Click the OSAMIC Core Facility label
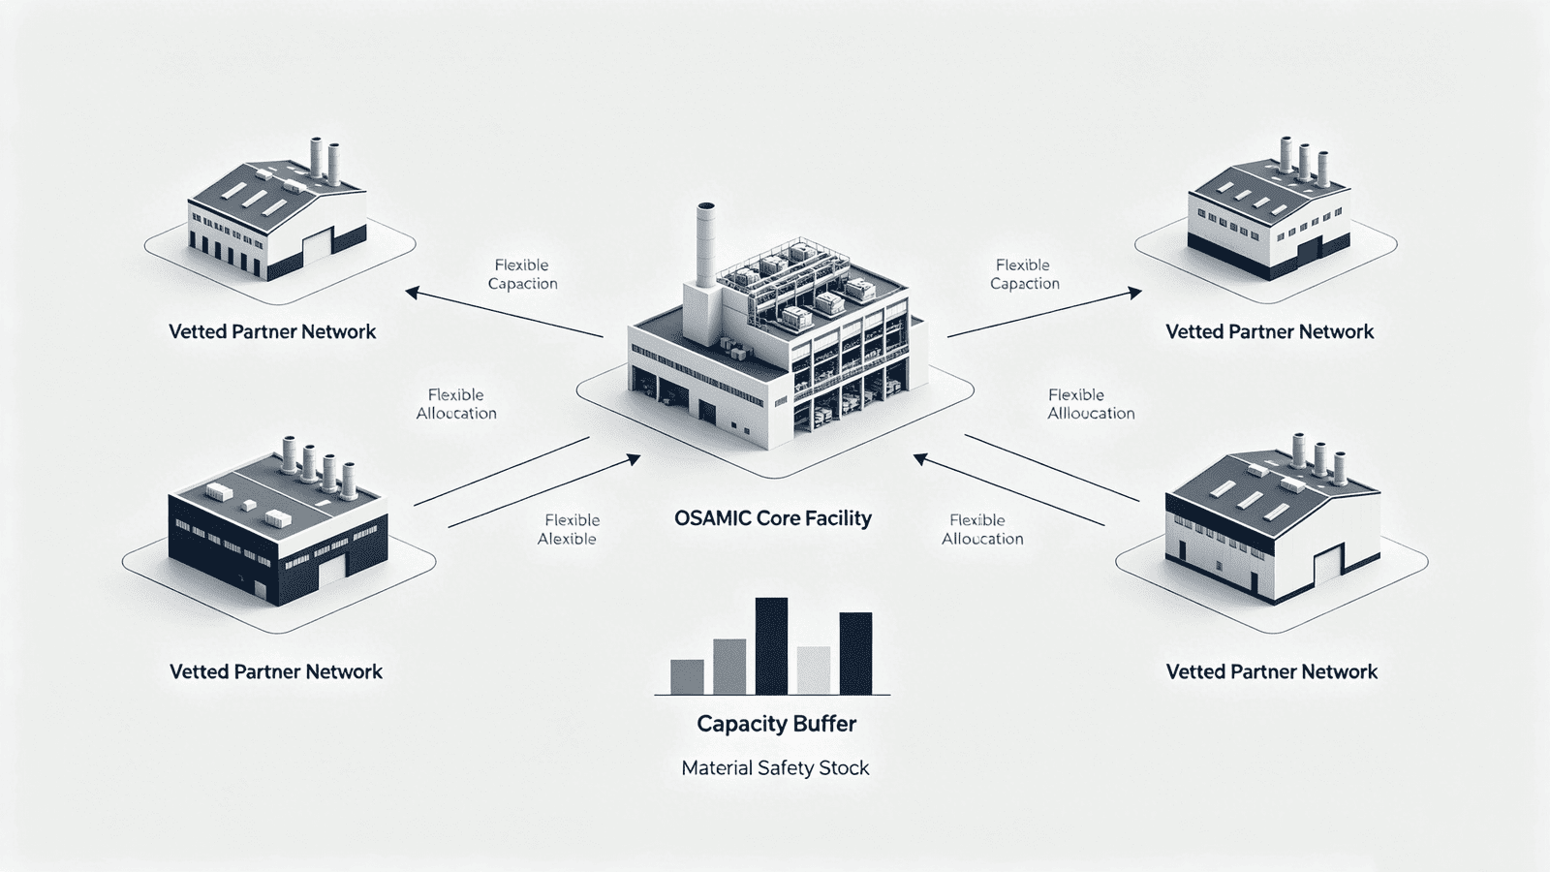tap(772, 518)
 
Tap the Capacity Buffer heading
tap(776, 724)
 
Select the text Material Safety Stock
tap(775, 768)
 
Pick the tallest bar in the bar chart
tap(771, 645)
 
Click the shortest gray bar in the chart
tap(687, 676)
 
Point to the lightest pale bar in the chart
tap(814, 670)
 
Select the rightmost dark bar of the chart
tap(855, 653)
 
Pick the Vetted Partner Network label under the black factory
tap(276, 671)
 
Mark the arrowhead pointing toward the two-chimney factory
tap(412, 292)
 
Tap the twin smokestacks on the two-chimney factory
tap(324, 160)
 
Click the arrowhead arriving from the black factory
tap(634, 458)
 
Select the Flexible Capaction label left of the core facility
tap(522, 274)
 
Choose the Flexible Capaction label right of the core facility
tap(1024, 274)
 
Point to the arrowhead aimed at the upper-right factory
tap(1135, 292)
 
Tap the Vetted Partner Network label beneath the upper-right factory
tap(1269, 331)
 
